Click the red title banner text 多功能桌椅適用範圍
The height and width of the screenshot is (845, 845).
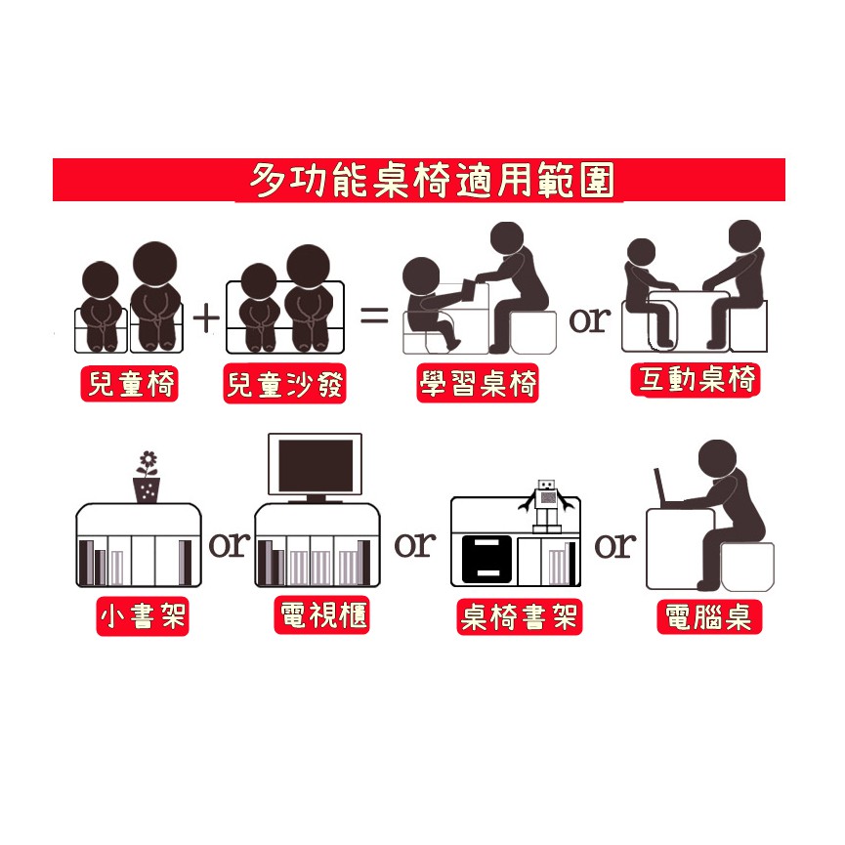(x=432, y=180)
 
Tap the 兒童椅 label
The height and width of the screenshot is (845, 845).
(x=130, y=384)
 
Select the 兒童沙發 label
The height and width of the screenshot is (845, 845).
(x=284, y=384)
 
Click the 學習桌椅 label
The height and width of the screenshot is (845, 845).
(x=478, y=383)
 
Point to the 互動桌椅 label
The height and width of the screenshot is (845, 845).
(x=696, y=379)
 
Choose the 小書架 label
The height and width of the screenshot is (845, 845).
(x=143, y=616)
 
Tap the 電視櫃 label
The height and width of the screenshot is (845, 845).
(x=322, y=614)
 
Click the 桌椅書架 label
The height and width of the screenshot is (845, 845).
(x=519, y=616)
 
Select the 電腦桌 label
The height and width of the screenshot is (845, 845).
(x=708, y=616)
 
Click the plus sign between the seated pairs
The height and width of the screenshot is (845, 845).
(x=206, y=317)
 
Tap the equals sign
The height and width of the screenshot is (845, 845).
(x=374, y=315)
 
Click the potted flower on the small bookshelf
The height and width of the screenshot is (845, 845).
(x=147, y=477)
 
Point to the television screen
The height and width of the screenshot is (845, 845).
(x=316, y=465)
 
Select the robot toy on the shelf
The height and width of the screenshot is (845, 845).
(x=546, y=505)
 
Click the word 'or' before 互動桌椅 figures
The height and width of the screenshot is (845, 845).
(x=590, y=320)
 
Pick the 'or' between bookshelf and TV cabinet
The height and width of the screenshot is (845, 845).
(x=230, y=544)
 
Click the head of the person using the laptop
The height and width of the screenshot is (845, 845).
(x=717, y=458)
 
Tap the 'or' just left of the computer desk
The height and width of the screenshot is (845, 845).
(x=614, y=545)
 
